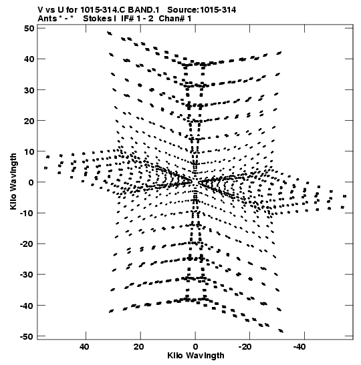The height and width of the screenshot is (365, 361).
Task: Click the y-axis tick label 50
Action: point(29,29)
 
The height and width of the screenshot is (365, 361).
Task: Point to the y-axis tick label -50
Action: point(27,336)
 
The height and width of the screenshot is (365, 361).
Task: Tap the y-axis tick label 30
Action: point(29,90)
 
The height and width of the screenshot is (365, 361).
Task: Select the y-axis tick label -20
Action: point(27,244)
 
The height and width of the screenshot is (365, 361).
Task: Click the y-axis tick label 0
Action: point(31,182)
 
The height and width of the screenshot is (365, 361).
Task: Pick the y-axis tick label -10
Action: point(27,214)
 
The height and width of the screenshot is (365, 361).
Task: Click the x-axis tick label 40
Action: point(84,347)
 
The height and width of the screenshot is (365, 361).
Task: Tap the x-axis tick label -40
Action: point(299,347)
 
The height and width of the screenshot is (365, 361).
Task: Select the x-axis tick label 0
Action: point(195,347)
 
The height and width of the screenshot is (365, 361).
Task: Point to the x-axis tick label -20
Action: point(245,347)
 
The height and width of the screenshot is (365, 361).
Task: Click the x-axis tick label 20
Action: point(139,347)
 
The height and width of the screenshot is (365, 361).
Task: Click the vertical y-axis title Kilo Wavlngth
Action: point(13,181)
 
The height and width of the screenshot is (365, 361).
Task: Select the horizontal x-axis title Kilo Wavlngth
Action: point(196,356)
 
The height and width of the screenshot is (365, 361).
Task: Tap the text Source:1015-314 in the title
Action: point(202,10)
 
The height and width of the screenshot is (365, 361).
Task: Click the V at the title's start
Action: point(40,10)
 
